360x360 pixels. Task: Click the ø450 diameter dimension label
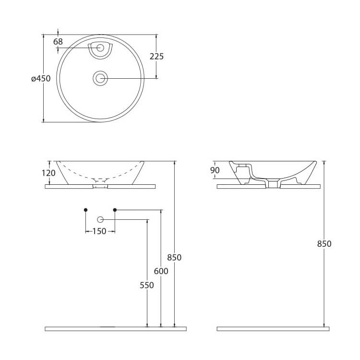[x=41, y=79]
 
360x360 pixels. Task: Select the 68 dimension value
[x=58, y=42]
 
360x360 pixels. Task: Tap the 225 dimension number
[x=156, y=56]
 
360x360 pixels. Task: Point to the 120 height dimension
[x=48, y=173]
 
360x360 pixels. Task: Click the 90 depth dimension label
[x=215, y=170]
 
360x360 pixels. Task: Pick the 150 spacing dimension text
[x=99, y=231]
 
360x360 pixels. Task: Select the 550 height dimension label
[x=147, y=285]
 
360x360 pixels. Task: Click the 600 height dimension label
[x=161, y=271]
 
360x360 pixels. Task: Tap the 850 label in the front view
[x=174, y=257]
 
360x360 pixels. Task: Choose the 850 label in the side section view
[x=324, y=243]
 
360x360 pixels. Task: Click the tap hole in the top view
[x=100, y=48]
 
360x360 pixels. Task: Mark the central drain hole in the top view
[x=100, y=79]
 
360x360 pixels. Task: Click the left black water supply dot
[x=85, y=210]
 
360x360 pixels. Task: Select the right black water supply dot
[x=115, y=210]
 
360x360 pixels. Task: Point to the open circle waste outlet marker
[x=100, y=220]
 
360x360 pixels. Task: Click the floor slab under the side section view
[x=273, y=329]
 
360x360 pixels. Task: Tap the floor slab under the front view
[x=116, y=329]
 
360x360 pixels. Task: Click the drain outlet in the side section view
[x=273, y=184]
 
